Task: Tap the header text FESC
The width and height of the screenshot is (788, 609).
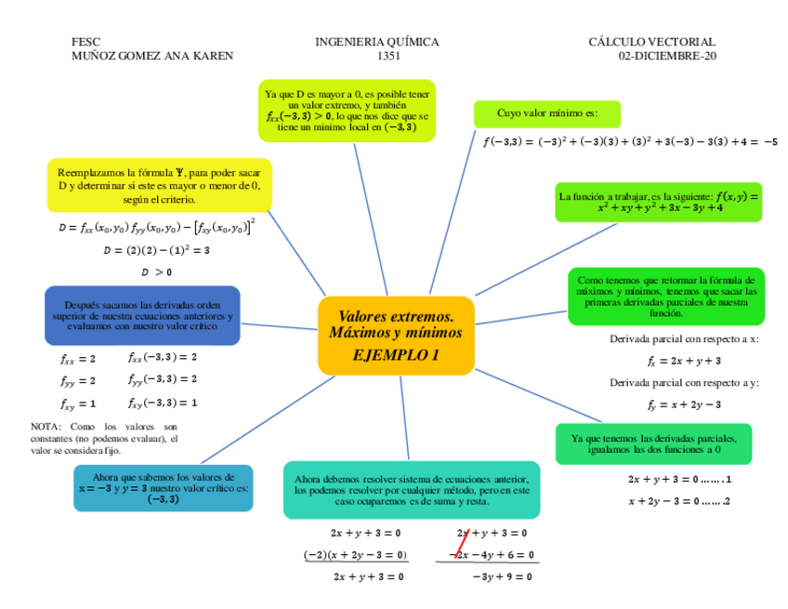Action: tap(85, 42)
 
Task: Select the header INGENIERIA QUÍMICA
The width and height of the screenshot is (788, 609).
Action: tap(377, 42)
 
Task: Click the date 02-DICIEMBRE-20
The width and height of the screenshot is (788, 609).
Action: tap(666, 56)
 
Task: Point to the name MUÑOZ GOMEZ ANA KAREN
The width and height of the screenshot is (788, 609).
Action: tap(152, 56)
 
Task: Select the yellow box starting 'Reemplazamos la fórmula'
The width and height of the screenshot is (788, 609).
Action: tap(159, 186)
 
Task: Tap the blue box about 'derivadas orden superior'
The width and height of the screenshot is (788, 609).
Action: tap(142, 315)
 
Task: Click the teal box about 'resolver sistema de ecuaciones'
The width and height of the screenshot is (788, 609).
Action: tap(411, 489)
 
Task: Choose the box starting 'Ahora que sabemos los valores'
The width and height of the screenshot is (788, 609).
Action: tap(163, 488)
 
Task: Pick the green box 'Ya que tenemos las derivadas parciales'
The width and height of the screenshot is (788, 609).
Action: tap(654, 444)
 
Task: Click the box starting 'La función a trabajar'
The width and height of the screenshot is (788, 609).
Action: tap(658, 202)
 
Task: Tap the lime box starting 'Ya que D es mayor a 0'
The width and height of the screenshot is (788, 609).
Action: tap(347, 111)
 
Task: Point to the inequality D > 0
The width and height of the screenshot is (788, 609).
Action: tap(156, 271)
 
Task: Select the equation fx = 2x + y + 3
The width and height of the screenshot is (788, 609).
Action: tap(684, 361)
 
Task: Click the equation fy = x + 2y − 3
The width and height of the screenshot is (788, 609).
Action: tap(684, 404)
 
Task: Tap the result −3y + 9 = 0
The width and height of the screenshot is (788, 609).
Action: tap(502, 576)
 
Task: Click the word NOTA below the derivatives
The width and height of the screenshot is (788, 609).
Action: tap(45, 427)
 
